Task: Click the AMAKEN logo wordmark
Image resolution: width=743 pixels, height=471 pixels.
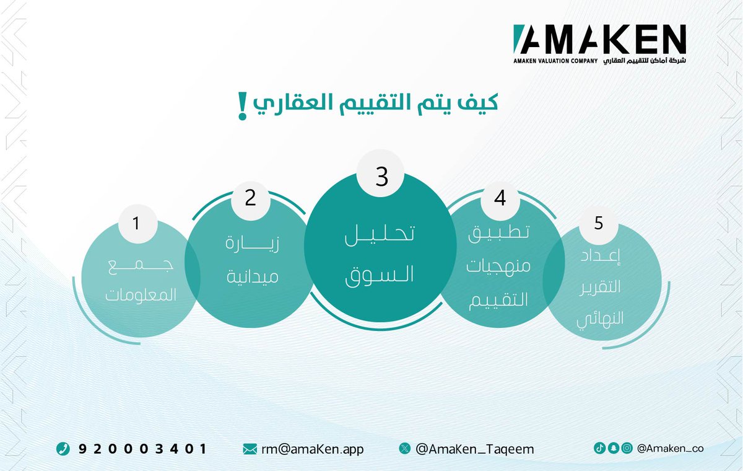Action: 599,38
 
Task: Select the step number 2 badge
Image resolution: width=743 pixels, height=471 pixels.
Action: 250,198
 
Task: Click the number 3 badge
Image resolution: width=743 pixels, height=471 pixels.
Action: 381,177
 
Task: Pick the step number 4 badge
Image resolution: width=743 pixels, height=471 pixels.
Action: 500,198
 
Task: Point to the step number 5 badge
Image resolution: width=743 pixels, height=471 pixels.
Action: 598,222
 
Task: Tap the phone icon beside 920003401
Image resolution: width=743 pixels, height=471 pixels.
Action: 63,449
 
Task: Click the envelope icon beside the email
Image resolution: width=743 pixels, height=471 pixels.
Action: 250,449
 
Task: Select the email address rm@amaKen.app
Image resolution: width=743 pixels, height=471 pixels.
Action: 312,449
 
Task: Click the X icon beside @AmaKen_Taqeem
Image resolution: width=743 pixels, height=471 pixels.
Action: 405,449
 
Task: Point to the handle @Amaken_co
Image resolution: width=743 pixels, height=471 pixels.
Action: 670,448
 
